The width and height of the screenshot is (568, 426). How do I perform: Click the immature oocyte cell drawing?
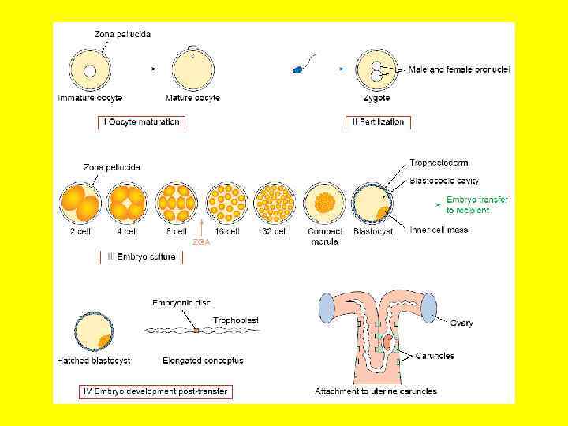pos(90,70)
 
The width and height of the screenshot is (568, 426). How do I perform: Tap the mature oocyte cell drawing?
pos(192,70)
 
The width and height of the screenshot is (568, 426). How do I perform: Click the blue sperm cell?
pos(298,69)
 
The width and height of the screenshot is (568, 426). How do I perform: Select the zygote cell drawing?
pos(376,70)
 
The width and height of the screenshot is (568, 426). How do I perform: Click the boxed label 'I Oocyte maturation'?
pos(143,122)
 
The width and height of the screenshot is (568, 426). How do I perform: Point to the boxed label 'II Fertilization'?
pos(378,122)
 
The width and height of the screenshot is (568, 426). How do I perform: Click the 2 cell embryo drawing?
pos(79,204)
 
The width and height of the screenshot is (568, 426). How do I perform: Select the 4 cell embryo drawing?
pos(127,204)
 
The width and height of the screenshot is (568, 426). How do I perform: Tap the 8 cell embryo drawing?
pos(176,204)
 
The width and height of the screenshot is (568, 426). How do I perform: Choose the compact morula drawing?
pos(324,204)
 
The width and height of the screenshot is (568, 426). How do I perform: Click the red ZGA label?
pos(202,243)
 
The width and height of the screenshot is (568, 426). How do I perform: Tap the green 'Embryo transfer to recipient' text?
pos(477,205)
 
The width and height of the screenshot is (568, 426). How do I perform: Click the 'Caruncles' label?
pos(435,356)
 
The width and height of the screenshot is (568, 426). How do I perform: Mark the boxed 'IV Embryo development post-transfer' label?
pos(157,390)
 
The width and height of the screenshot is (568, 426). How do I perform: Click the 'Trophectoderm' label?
pos(439,163)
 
